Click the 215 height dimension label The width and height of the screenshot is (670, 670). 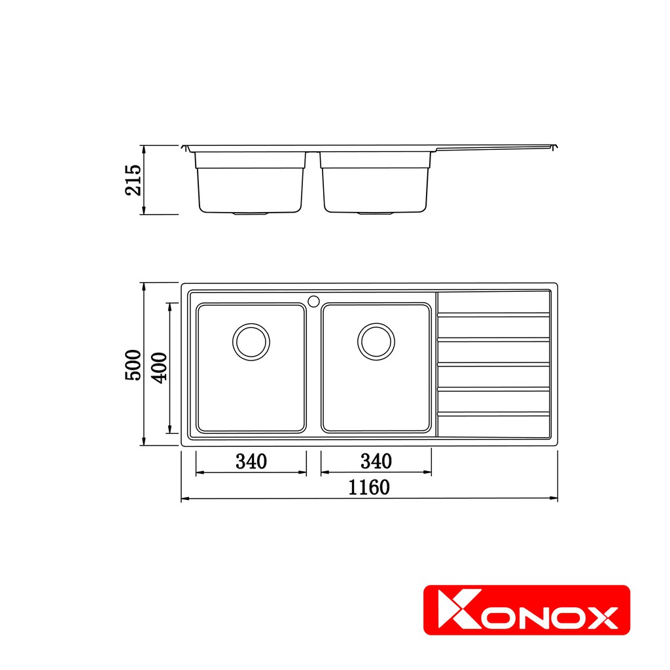pyautogui.click(x=133, y=180)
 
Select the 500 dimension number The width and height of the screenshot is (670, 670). pyautogui.click(x=133, y=365)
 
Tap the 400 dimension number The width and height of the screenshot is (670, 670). pyautogui.click(x=159, y=368)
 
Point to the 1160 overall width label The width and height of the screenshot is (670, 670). pyautogui.click(x=369, y=487)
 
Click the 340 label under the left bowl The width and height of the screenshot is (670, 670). pyautogui.click(x=251, y=461)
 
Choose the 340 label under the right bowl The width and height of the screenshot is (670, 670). pyautogui.click(x=376, y=461)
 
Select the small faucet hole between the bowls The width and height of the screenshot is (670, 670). pyautogui.click(x=313, y=301)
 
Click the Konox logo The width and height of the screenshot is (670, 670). pyautogui.click(x=527, y=610)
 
